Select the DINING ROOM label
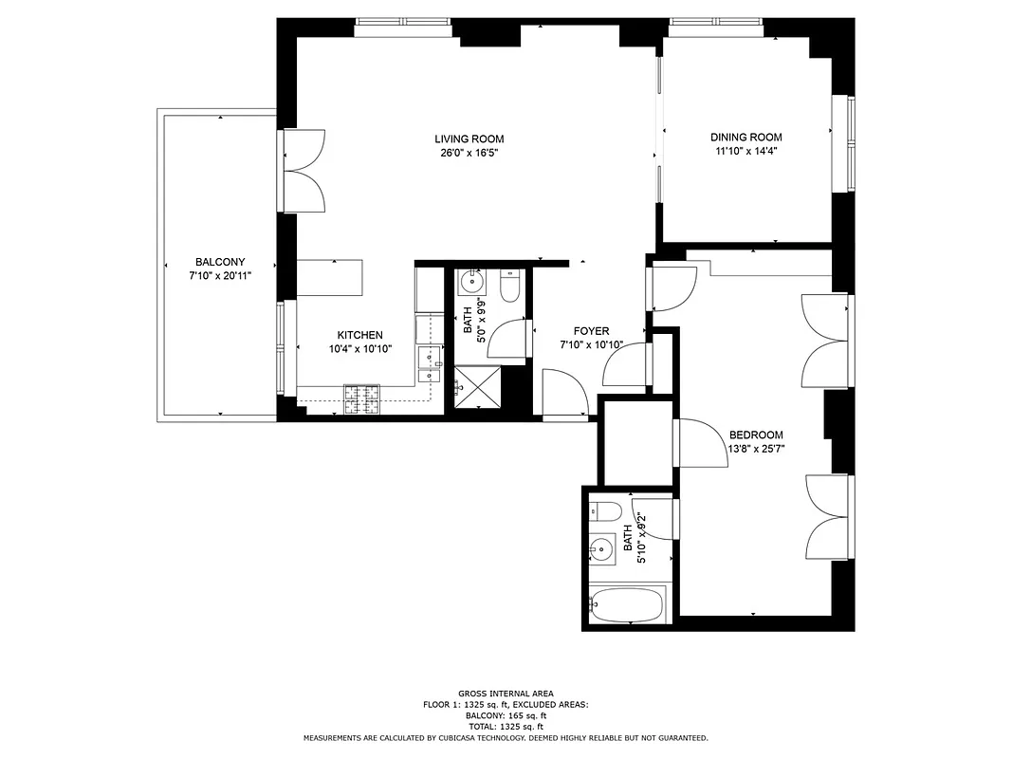pos(746,138)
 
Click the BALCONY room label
pos(220,263)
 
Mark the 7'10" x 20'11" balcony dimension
pos(220,276)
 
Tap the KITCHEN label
pos(360,335)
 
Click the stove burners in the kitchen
pos(361,398)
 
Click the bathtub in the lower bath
pos(626,603)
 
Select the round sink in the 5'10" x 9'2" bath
pos(601,548)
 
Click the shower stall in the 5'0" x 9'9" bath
pos(479,388)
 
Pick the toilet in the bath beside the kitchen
pos(509,287)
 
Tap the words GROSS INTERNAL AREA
pos(506,694)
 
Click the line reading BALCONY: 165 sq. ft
pos(506,715)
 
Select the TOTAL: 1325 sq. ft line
pos(506,727)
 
